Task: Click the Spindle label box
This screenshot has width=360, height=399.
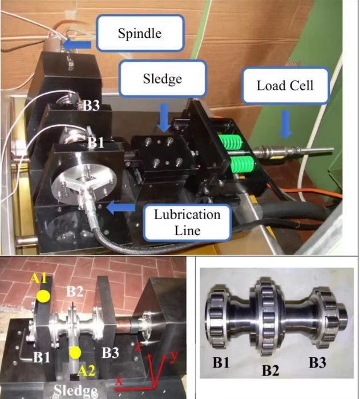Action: [x=139, y=33]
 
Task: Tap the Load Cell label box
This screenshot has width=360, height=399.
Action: [x=285, y=86]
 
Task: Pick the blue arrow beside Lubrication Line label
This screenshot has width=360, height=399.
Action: [x=124, y=209]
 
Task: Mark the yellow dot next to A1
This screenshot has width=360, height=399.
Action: [x=43, y=296]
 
